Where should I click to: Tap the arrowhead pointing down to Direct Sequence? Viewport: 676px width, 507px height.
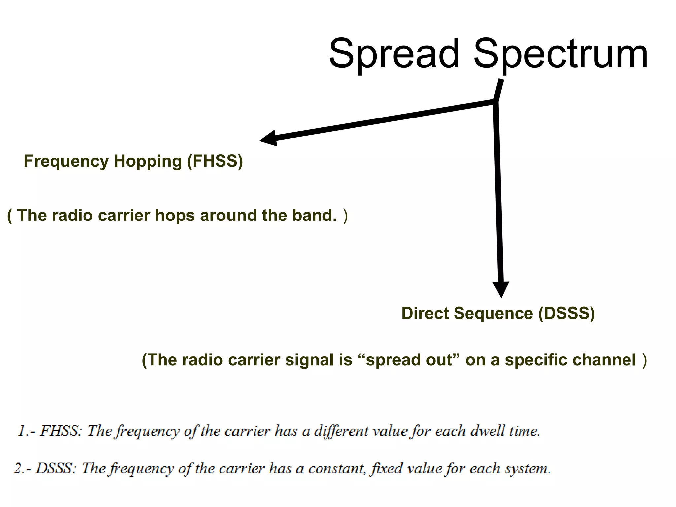pyautogui.click(x=501, y=289)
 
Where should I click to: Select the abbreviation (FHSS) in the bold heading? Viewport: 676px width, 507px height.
pyautogui.click(x=215, y=161)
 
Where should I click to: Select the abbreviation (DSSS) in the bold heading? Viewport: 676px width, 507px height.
pyautogui.click(x=566, y=313)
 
